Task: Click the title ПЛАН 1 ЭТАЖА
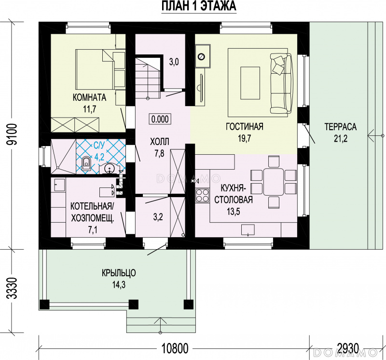(x=199, y=6)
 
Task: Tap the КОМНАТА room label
(x=89, y=97)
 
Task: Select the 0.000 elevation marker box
(x=160, y=119)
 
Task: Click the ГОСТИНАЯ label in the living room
(x=245, y=126)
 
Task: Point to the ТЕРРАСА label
(x=341, y=127)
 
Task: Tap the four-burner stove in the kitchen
(x=202, y=195)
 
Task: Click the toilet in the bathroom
(x=86, y=163)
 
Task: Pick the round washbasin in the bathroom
(x=110, y=168)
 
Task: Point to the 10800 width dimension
(x=175, y=348)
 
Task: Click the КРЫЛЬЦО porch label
(x=119, y=273)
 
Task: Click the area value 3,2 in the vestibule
(x=158, y=217)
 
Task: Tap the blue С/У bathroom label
(x=99, y=147)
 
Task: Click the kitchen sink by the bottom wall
(x=248, y=230)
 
